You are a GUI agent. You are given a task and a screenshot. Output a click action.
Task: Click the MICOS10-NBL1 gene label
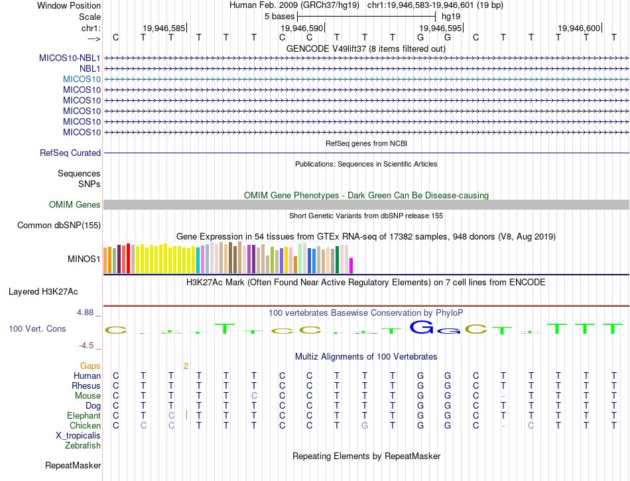(x=70, y=58)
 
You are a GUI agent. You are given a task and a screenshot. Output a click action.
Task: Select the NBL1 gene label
(x=90, y=68)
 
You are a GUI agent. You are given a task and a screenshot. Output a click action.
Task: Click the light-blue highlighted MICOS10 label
(x=82, y=79)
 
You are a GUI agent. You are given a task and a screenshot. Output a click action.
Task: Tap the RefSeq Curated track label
(x=70, y=153)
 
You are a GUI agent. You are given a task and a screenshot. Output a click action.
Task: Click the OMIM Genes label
(x=75, y=204)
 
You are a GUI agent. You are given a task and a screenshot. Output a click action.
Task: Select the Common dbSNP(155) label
(x=59, y=225)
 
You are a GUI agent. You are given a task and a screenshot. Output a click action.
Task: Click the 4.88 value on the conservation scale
(x=86, y=312)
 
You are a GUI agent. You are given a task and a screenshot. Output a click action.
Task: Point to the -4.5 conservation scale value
(x=87, y=346)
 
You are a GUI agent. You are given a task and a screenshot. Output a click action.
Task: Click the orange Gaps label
(x=90, y=366)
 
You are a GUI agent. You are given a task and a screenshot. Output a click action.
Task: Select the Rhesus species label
(x=86, y=385)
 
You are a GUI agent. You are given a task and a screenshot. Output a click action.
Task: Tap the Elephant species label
(x=84, y=415)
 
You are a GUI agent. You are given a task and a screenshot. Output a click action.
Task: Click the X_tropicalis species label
(x=78, y=435)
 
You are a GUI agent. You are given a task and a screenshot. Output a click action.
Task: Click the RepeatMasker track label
(x=73, y=465)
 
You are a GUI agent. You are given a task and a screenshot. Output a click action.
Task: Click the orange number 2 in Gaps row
(x=186, y=366)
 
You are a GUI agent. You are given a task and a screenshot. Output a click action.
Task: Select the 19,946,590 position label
(x=302, y=28)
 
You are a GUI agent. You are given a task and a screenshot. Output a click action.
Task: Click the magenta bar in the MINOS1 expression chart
(x=351, y=265)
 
